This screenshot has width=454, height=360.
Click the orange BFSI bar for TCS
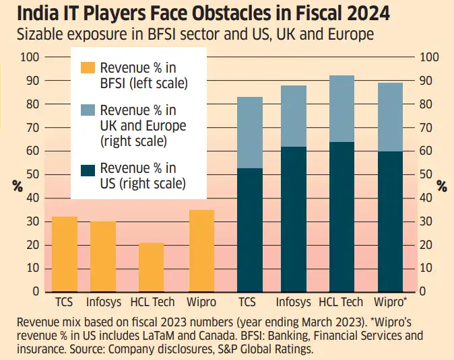pyautogui.click(x=65, y=254)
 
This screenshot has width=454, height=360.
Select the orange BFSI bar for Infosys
pyautogui.click(x=103, y=256)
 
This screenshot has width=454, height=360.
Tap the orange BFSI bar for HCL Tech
pyautogui.click(x=151, y=267)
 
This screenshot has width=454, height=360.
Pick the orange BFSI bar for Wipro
pyautogui.click(x=201, y=251)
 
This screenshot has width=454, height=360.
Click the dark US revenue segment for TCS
pyautogui.click(x=249, y=229)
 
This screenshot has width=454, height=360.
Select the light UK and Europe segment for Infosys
pyautogui.click(x=293, y=116)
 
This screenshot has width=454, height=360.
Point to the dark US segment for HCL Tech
pyautogui.click(x=341, y=217)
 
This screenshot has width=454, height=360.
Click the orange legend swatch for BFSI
pyautogui.click(x=88, y=67)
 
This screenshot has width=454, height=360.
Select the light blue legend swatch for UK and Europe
pyautogui.click(x=88, y=110)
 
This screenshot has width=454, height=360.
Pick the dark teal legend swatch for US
pyautogui.click(x=88, y=168)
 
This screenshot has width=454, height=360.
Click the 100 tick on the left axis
pyautogui.click(x=31, y=57)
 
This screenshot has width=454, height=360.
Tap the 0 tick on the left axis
pyautogui.click(x=37, y=292)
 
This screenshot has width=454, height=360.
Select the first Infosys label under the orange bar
pyautogui.click(x=103, y=302)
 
